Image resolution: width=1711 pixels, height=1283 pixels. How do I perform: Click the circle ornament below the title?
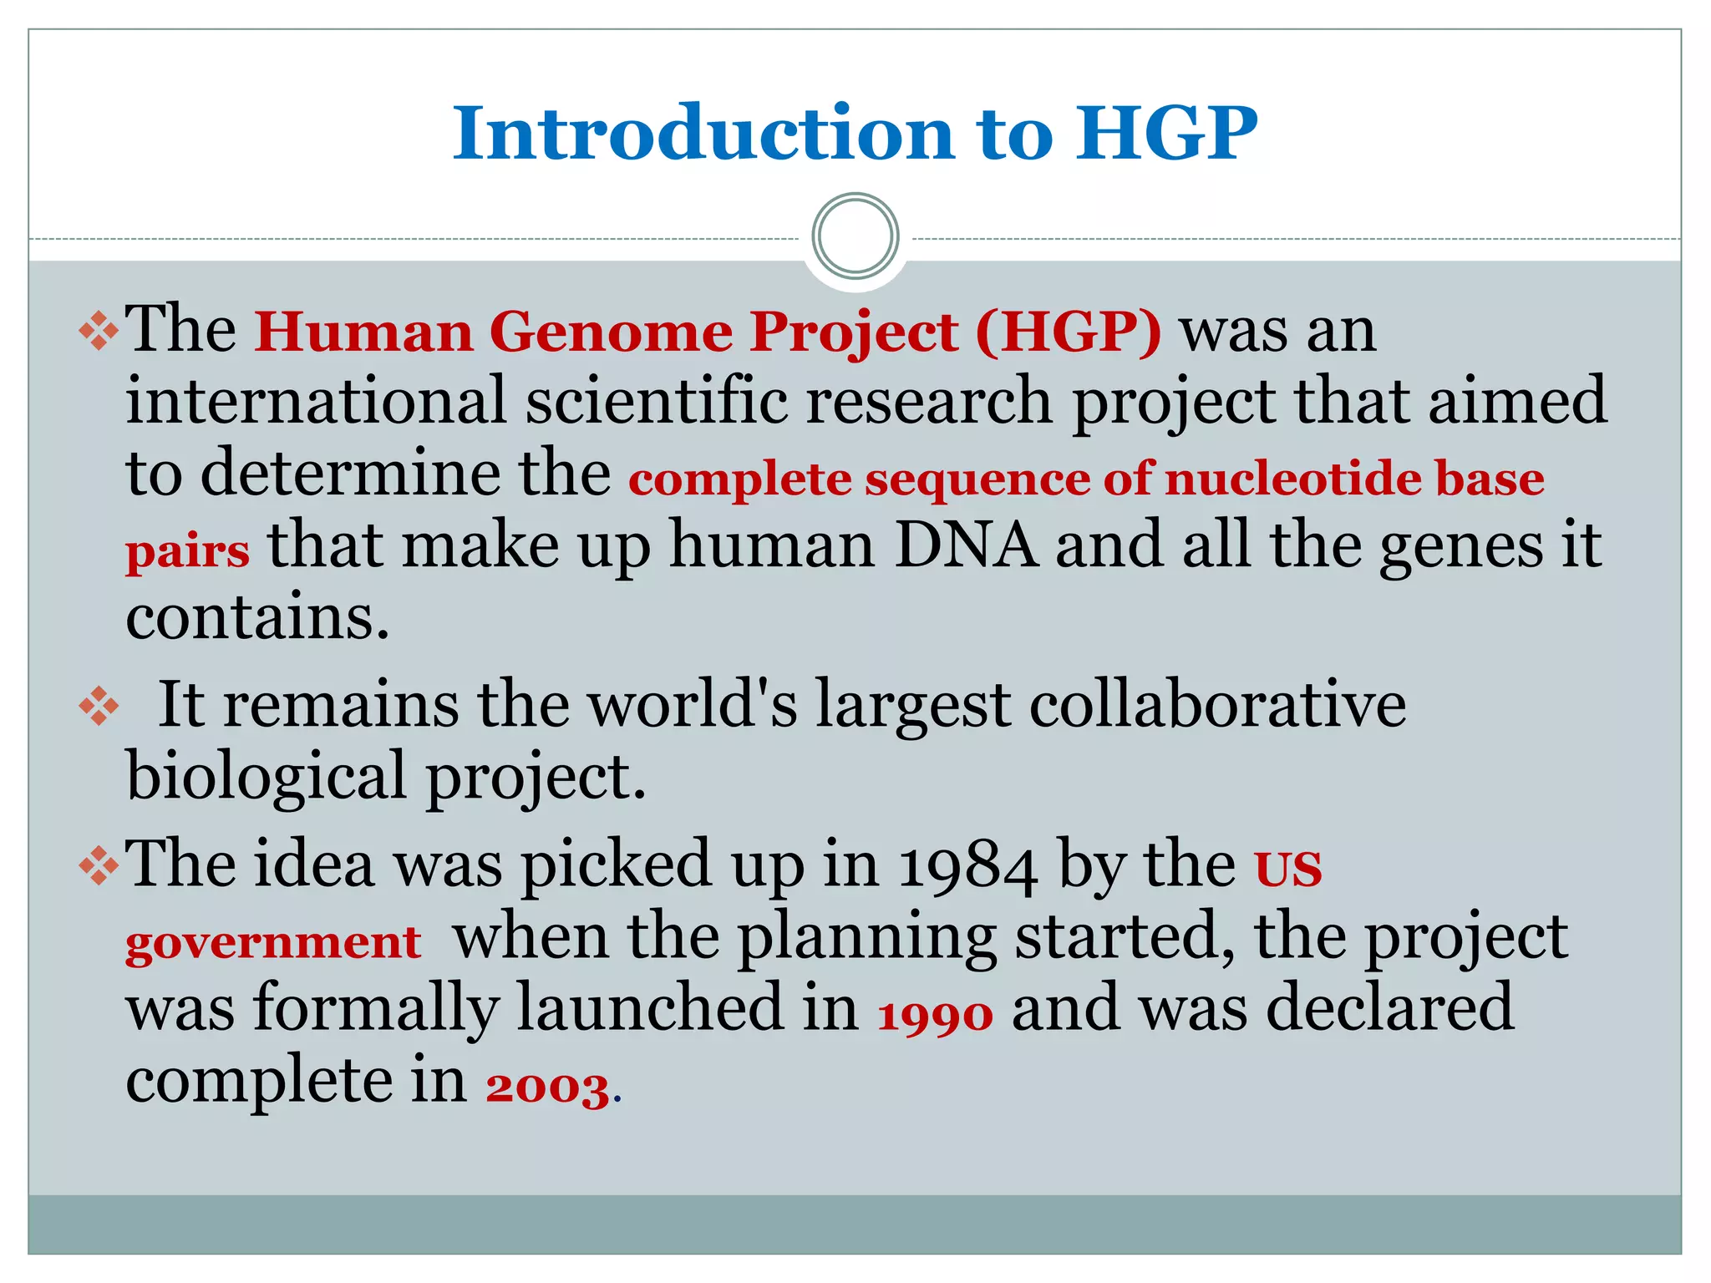855,236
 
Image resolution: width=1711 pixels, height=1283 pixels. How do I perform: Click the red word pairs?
187,551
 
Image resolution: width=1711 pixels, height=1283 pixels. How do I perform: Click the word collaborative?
1217,704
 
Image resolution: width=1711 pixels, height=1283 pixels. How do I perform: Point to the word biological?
267,775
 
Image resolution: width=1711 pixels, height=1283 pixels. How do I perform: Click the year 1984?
968,865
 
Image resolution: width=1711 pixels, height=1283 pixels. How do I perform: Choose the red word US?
1287,869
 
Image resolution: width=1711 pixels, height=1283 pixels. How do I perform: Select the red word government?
273,942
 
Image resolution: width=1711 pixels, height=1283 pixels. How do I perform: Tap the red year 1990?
935,1016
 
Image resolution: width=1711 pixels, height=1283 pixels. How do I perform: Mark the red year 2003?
547,1088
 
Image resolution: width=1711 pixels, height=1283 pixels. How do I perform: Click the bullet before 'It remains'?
99,706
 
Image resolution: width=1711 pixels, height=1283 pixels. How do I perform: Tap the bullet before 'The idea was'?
99,865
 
